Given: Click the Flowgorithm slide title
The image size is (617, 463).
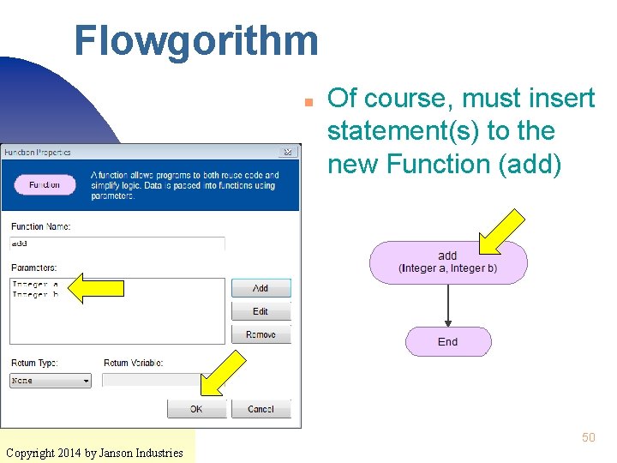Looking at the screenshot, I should click(x=195, y=40).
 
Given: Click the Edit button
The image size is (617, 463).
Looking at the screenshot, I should click(x=261, y=311).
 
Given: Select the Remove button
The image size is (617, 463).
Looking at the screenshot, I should click(x=261, y=334).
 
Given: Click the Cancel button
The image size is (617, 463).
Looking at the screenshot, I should click(x=261, y=409).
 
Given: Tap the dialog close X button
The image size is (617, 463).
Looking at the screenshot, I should click(x=289, y=153).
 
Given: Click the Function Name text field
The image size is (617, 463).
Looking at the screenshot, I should click(x=117, y=244).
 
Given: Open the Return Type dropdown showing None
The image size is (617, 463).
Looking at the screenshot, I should click(x=51, y=381).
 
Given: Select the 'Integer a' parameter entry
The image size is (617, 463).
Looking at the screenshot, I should click(x=35, y=285).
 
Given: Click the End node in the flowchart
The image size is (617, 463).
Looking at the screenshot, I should click(x=448, y=341).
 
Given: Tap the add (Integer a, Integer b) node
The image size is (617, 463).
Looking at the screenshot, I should click(x=448, y=262).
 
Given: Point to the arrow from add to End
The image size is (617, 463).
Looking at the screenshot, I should click(x=448, y=305).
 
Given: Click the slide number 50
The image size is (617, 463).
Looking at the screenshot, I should click(x=588, y=437).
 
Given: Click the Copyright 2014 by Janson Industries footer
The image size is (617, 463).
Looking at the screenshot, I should click(x=94, y=452).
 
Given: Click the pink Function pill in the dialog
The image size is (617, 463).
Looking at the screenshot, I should click(x=45, y=184).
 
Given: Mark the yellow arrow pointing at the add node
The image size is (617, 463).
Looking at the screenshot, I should click(x=501, y=231).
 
